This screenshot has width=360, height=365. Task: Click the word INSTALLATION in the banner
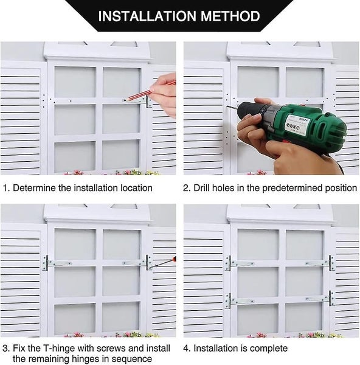(147, 16)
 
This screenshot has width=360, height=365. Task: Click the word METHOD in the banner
(230, 16)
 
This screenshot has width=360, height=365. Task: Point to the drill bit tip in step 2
(227, 106)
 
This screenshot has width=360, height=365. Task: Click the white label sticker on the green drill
(296, 125)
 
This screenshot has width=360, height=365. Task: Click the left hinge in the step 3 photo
(57, 263)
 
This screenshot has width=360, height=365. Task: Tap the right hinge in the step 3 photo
(137, 263)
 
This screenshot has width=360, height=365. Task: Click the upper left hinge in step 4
(239, 263)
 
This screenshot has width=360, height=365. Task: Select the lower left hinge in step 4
(239, 301)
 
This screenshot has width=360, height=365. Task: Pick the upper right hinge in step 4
(320, 263)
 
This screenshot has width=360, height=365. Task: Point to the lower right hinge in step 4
(320, 298)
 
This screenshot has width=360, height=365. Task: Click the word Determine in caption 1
(34, 188)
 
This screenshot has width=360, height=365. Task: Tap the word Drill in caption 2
(202, 188)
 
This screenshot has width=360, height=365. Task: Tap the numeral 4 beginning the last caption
(186, 349)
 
